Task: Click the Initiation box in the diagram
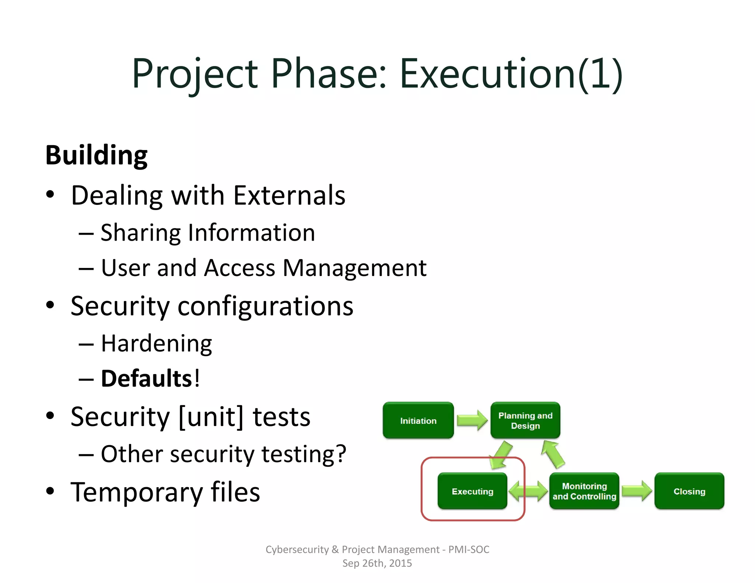(418, 420)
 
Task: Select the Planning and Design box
(525, 420)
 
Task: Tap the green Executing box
(472, 491)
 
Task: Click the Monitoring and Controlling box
(584, 491)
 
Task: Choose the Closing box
(689, 491)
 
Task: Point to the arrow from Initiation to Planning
(472, 420)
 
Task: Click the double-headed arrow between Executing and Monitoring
(528, 491)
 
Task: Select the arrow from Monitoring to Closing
(637, 491)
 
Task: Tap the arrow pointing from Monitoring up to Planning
(553, 455)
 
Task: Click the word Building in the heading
(97, 155)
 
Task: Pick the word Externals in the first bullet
(289, 195)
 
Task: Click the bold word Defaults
(146, 379)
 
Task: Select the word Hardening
(156, 344)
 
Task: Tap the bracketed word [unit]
(211, 417)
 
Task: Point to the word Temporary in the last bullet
(136, 492)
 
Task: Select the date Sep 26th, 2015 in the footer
(377, 563)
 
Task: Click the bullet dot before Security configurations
(50, 305)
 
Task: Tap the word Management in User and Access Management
(354, 268)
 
